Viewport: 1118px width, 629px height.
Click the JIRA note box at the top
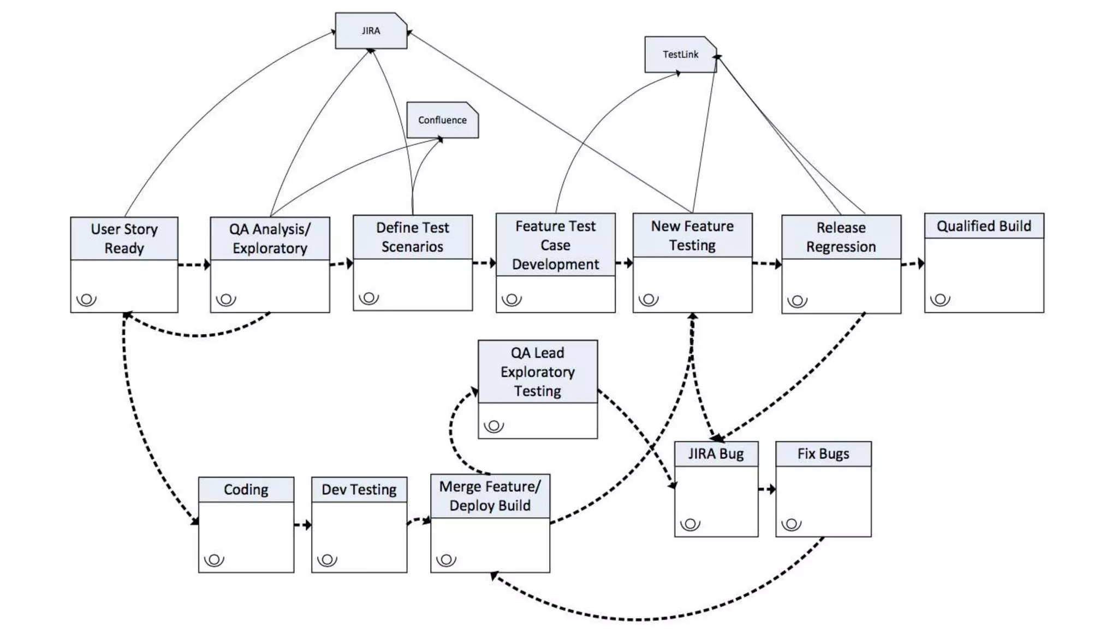pos(371,31)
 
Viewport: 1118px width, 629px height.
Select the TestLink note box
pos(680,55)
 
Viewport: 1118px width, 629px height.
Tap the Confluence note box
pos(442,120)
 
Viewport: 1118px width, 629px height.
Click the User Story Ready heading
pos(124,239)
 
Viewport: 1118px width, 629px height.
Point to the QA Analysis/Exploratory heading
pos(270,239)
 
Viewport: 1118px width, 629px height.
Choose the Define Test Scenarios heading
pos(413,237)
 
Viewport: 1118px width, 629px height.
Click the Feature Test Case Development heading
pos(555,245)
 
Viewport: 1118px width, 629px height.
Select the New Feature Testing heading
pos(692,235)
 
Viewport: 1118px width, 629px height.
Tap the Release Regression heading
pos(841,237)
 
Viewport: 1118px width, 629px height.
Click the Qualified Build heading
pos(984,226)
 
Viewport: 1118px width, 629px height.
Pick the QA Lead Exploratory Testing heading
pos(538,372)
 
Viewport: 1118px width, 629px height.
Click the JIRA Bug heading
pos(716,454)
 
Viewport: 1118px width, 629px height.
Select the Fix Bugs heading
pos(823,454)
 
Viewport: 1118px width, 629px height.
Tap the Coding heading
pos(246,490)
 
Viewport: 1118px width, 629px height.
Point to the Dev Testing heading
pos(359,490)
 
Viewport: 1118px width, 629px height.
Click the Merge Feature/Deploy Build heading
pos(490,496)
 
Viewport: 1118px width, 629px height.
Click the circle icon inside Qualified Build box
pos(940,299)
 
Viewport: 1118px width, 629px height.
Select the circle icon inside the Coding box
pos(214,560)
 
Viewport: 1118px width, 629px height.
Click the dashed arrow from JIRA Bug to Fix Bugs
pos(766,489)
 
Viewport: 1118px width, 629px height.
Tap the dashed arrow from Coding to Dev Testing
pos(302,525)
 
